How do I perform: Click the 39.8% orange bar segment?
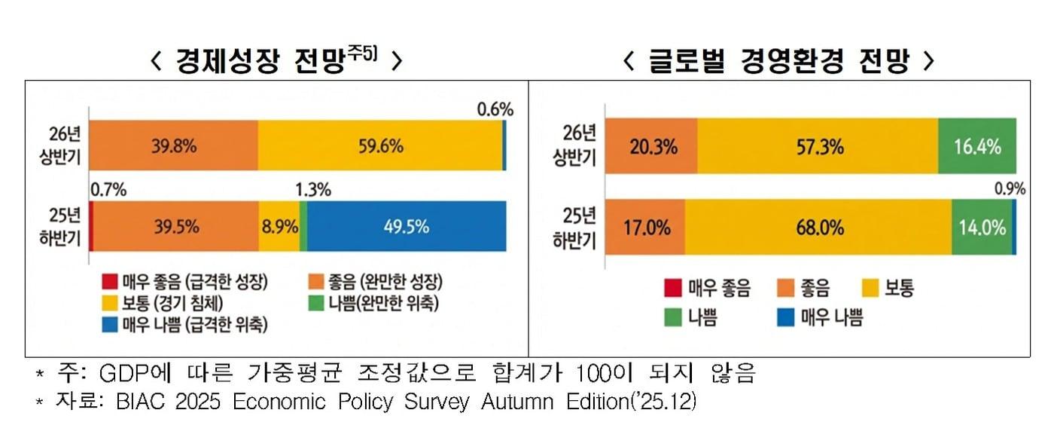point(174,145)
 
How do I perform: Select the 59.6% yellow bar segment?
point(380,145)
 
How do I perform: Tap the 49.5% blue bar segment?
point(407,225)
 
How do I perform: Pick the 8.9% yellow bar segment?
point(279,225)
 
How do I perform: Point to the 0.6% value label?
point(495,109)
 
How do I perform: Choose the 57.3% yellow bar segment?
point(818,146)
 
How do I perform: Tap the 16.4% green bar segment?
point(977,146)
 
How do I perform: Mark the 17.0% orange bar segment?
point(647,227)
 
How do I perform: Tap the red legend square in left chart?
point(110,283)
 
